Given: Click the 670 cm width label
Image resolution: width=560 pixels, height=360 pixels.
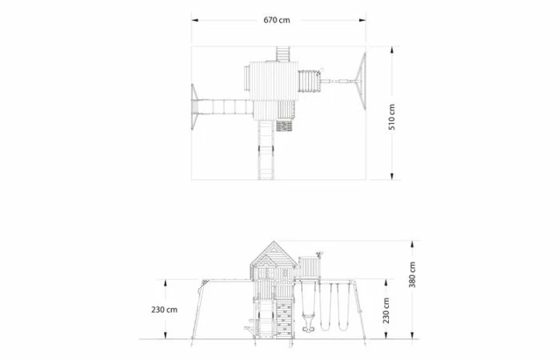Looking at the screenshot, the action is (277, 20).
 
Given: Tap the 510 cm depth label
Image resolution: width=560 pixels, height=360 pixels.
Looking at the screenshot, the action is (392, 117).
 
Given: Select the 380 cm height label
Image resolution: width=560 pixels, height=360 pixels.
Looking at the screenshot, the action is (412, 274).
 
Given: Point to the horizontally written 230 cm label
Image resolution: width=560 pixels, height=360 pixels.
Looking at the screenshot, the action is (164, 310).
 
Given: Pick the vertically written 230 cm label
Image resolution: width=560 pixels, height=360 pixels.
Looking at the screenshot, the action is (386, 310).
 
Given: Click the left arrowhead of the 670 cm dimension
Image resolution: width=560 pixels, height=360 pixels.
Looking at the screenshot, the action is (194, 20).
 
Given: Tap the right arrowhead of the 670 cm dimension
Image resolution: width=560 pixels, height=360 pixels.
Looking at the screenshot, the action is (362, 20).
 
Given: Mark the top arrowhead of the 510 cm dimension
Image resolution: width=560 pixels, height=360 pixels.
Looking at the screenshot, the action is (392, 50).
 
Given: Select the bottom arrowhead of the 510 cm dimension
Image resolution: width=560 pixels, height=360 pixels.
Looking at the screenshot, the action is (392, 176).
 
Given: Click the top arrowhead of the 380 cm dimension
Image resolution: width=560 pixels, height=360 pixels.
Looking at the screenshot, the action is (412, 244).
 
